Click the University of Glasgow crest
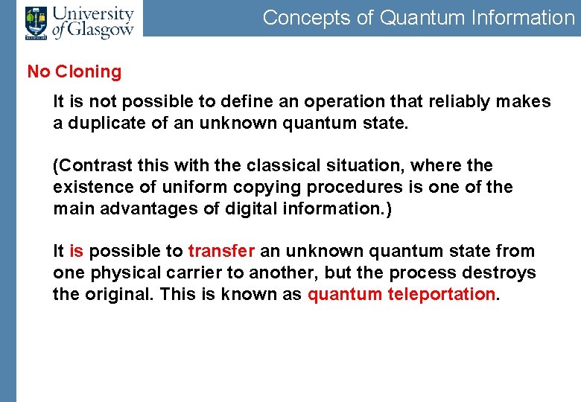coord(35,22)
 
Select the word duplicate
coord(104,123)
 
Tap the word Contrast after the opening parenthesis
coord(88,165)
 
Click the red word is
coord(76,252)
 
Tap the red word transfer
coord(221,252)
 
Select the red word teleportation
coord(440,294)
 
